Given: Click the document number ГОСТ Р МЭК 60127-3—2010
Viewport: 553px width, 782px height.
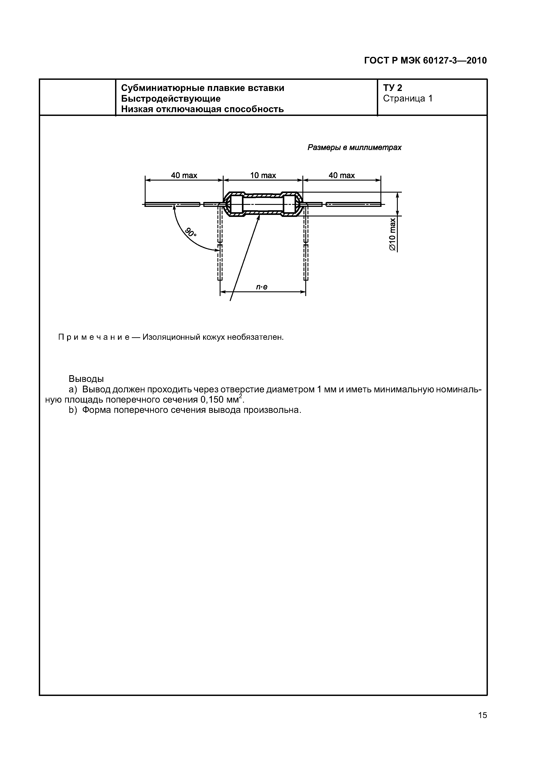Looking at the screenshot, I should [x=425, y=61].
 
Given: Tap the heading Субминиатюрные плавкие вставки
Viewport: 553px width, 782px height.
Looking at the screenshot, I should [x=203, y=88].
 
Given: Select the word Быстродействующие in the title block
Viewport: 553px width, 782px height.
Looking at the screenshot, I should [x=171, y=99].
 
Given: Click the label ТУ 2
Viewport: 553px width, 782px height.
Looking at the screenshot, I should [x=392, y=88].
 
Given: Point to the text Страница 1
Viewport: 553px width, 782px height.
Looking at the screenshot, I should [x=408, y=99].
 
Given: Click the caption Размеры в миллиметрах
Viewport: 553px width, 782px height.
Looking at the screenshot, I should [x=354, y=148].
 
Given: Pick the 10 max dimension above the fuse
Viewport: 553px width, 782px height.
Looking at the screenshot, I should [x=263, y=175].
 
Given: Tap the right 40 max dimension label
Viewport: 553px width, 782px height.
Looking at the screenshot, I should [x=342, y=175].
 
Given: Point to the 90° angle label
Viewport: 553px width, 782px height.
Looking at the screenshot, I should [x=191, y=233].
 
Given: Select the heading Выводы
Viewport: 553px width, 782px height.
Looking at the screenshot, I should [x=86, y=379].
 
